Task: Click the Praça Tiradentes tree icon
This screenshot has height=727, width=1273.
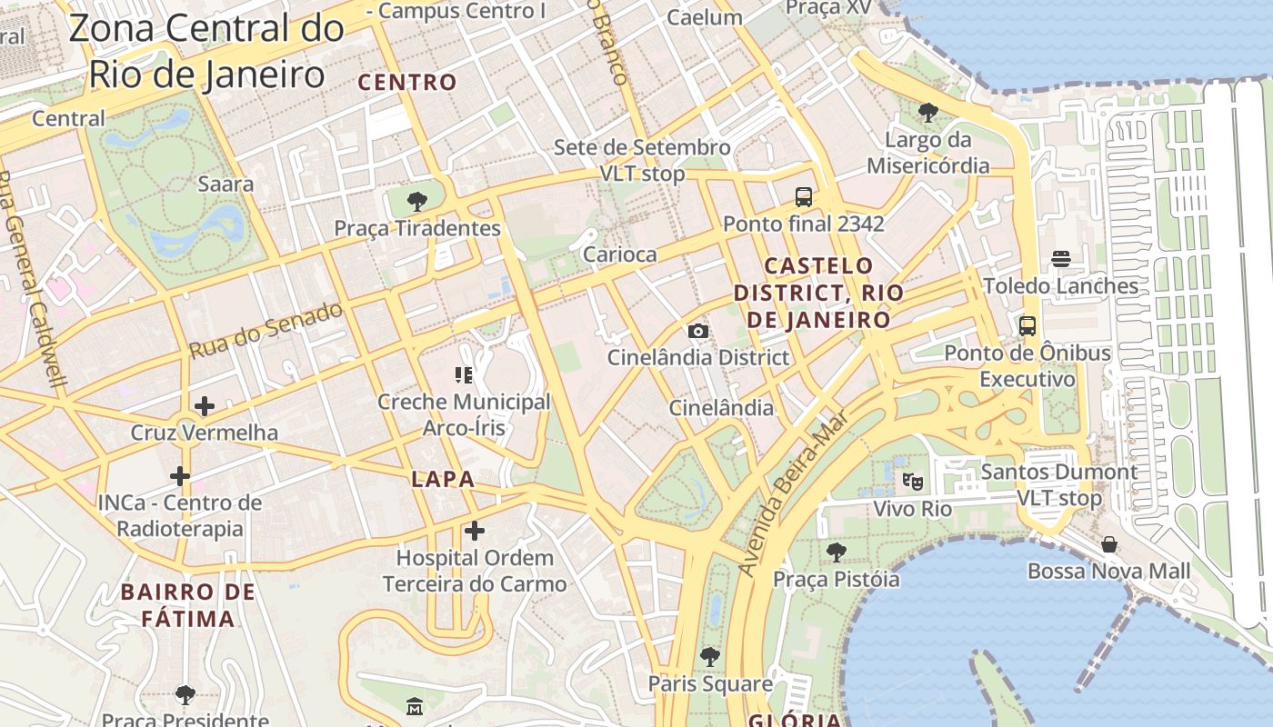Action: pyautogui.click(x=417, y=202)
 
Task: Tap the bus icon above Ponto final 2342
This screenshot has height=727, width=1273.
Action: pyautogui.click(x=803, y=197)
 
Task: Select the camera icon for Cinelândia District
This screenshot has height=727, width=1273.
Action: pyautogui.click(x=697, y=332)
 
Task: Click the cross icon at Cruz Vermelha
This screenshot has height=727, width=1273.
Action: pyautogui.click(x=204, y=406)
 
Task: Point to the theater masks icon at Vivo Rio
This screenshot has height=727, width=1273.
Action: pyautogui.click(x=913, y=482)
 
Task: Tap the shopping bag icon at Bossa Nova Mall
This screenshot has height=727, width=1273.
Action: pyautogui.click(x=1108, y=545)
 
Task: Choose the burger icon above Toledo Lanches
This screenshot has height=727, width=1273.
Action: pyautogui.click(x=1060, y=259)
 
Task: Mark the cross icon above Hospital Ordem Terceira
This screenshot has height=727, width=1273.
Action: pyautogui.click(x=475, y=531)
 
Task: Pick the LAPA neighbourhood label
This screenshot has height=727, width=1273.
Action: pyautogui.click(x=443, y=480)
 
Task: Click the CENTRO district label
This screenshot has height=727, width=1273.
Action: pyautogui.click(x=407, y=83)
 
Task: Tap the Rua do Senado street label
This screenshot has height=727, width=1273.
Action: pyautogui.click(x=266, y=329)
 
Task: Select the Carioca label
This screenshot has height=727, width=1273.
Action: pyautogui.click(x=619, y=254)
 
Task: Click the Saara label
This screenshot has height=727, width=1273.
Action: pyautogui.click(x=226, y=184)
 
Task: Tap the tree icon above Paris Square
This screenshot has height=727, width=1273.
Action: pyautogui.click(x=710, y=656)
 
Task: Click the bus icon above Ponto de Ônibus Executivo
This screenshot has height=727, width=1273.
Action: pyautogui.click(x=1027, y=326)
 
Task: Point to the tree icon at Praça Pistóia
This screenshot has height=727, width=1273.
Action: pyautogui.click(x=836, y=552)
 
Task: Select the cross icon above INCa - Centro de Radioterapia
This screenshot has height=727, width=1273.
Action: pyautogui.click(x=180, y=475)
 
